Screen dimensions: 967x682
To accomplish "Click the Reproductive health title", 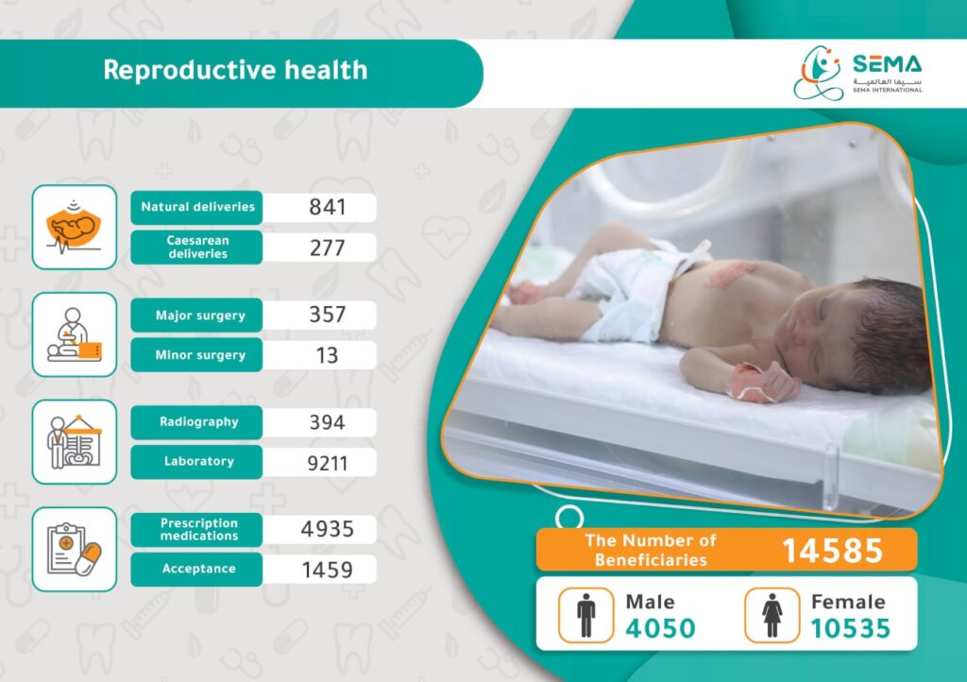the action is point(235,70).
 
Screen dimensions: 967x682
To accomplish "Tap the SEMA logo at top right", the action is point(857,73).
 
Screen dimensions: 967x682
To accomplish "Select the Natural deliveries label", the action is point(197,207).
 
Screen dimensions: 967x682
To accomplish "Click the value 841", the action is point(328,207).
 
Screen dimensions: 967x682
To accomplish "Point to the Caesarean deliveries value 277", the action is point(328,247).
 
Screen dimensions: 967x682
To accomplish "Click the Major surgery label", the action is point(200,315).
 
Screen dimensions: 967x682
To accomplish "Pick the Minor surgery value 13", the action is point(328,355).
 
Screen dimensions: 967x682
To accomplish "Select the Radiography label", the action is point(198,422).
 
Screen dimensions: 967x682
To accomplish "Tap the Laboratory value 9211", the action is point(328,463).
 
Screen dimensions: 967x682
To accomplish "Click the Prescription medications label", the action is point(198,529).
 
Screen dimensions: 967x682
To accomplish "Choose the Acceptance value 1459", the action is point(328,570).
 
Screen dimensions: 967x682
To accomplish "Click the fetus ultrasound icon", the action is point(74,227).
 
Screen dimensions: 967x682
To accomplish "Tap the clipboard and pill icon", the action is point(74,550).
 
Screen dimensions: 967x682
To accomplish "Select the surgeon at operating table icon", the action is point(74,334).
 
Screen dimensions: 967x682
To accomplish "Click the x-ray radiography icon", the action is point(74,441).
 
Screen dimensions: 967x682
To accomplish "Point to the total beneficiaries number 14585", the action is point(833,551).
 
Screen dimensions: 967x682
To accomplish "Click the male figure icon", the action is point(585,615).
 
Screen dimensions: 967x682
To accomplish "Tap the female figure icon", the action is point(772,615).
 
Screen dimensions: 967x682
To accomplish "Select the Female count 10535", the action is point(851,628).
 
